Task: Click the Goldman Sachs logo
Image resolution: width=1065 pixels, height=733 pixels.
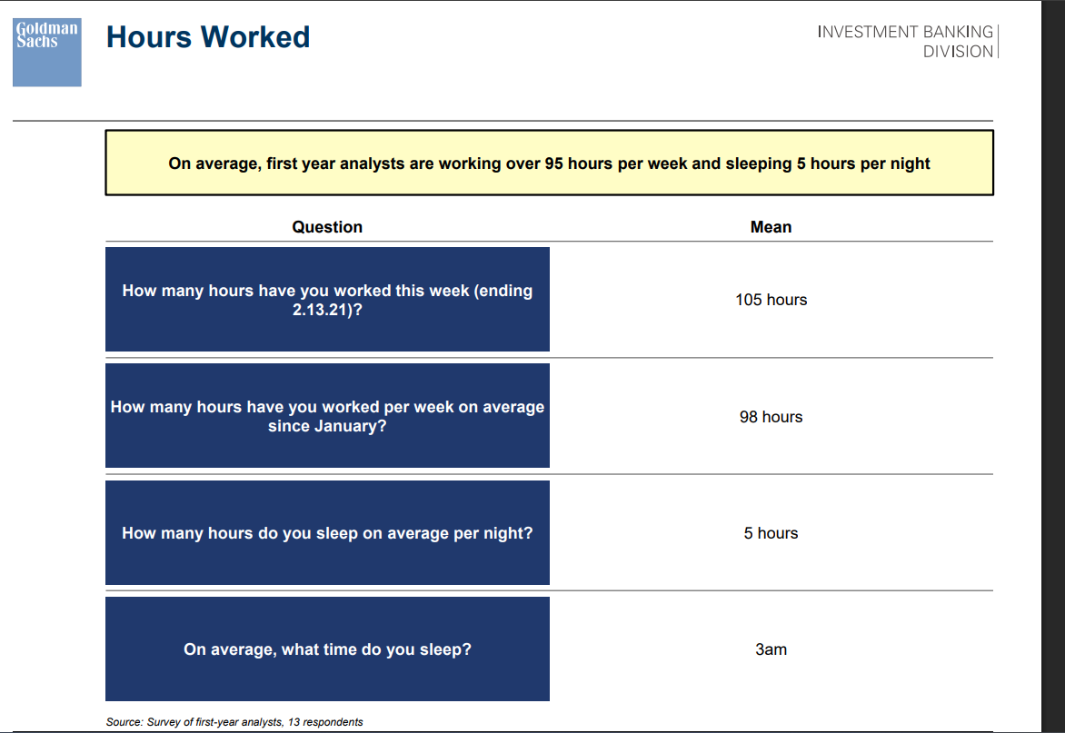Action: point(47,53)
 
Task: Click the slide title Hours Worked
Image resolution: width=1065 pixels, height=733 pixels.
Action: point(208,36)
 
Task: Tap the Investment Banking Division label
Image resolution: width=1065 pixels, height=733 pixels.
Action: point(905,42)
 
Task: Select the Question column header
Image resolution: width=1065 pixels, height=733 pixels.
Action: point(327,227)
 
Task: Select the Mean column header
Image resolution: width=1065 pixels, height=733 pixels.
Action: point(771,227)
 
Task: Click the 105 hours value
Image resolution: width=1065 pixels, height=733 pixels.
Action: point(771,300)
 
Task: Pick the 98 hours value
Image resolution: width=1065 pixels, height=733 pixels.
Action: point(771,416)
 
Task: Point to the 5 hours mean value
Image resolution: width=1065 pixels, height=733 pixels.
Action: point(771,533)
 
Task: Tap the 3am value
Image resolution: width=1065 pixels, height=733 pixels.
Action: point(771,649)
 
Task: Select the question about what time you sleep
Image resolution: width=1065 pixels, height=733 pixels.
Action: point(327,649)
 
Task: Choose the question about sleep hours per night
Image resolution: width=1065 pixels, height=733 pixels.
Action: point(327,533)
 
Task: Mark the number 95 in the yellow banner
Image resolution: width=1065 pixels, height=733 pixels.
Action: point(553,163)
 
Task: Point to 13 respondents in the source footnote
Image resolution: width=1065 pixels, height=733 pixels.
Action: point(325,721)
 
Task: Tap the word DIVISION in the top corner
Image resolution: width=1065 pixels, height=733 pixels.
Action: point(958,52)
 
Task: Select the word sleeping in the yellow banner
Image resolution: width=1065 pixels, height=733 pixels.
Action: point(759,163)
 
